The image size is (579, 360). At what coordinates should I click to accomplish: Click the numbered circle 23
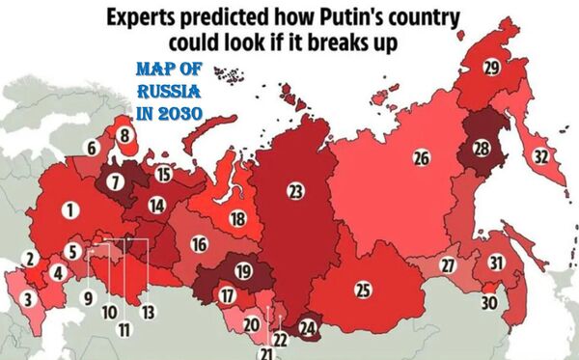294,191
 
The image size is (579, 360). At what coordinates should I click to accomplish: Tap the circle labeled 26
421,157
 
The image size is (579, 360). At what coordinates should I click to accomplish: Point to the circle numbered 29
492,67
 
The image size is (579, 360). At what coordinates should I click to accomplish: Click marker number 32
541,156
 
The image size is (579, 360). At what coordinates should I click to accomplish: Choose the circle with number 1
69,208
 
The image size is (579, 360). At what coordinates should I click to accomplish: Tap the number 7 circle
116,181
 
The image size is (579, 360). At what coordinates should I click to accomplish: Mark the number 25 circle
363,289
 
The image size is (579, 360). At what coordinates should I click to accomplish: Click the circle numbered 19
243,271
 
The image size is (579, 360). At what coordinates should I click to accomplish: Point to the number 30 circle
489,302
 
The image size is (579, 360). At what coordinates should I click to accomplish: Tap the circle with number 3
29,299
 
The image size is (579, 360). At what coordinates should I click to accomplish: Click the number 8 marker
124,137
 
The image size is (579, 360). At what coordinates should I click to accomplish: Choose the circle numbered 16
199,244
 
